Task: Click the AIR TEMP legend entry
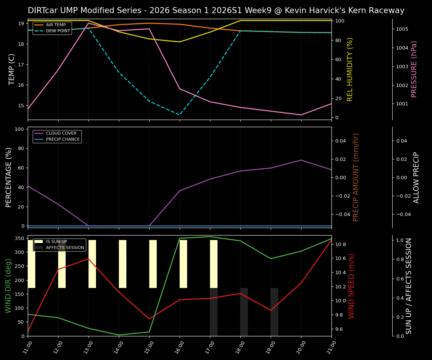point(55,25)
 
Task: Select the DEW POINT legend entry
point(58,31)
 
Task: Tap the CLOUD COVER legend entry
point(61,133)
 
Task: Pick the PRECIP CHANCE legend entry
point(63,139)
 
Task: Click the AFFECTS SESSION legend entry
point(65,248)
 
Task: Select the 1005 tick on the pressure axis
point(402,29)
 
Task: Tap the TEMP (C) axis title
point(12,69)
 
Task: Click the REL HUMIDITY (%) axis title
point(350,69)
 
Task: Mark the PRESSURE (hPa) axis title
point(414,69)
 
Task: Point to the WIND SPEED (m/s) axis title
point(351,286)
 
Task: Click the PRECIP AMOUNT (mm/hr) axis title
point(356,177)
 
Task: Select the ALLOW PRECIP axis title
point(416,177)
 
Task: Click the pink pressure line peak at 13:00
point(88,23)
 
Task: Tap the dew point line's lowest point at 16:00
point(180,115)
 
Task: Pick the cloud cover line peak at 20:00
point(301,160)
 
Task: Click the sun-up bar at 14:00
point(123,264)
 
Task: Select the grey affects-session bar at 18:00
point(244,312)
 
